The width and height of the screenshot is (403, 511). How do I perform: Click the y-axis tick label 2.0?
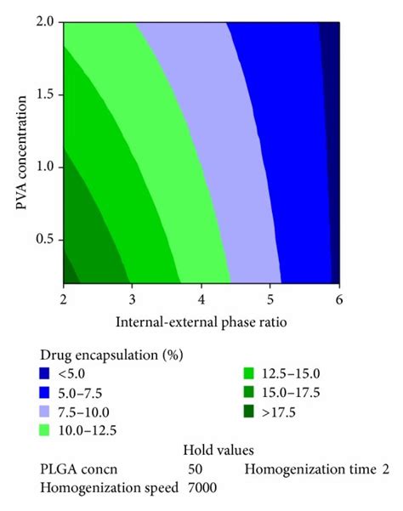[x=48, y=21]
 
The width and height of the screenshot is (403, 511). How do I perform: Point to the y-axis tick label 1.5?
[x=48, y=94]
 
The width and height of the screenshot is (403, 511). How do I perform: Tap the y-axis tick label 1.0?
[x=48, y=167]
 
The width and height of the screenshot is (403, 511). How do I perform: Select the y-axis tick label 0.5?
[x=48, y=240]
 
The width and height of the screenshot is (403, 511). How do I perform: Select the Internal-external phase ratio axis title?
[x=201, y=322]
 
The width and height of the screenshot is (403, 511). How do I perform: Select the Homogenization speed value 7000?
[x=202, y=487]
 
